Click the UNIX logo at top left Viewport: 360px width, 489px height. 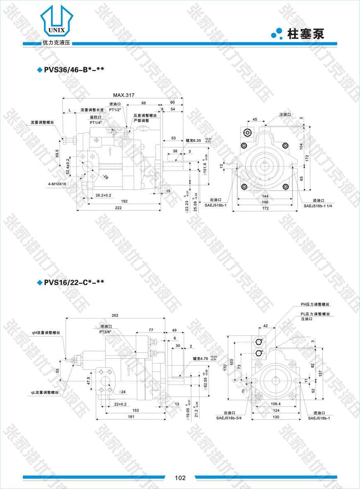[57, 23]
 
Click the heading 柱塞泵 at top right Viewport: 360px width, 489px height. [306, 34]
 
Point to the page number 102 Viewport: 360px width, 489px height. [180, 478]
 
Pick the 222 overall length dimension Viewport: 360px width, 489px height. [118, 207]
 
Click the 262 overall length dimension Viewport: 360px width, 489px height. [115, 316]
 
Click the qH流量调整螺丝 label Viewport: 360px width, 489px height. [46, 332]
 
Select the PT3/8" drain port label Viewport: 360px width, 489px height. [107, 332]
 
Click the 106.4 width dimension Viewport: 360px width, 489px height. [274, 404]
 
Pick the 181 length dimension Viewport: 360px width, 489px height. [130, 417]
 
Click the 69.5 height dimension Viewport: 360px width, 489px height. [57, 153]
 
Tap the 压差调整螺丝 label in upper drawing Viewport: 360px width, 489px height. [145, 116]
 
